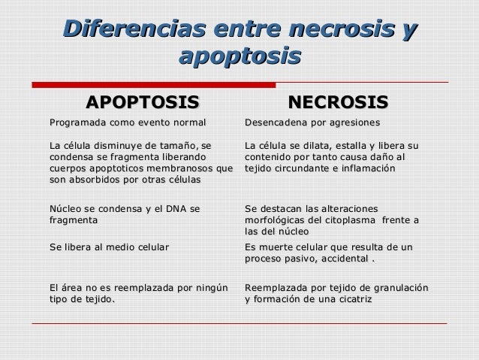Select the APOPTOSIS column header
point(143,101)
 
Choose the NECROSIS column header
point(339,101)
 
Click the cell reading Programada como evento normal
point(127,122)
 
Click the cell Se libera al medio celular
point(109,247)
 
